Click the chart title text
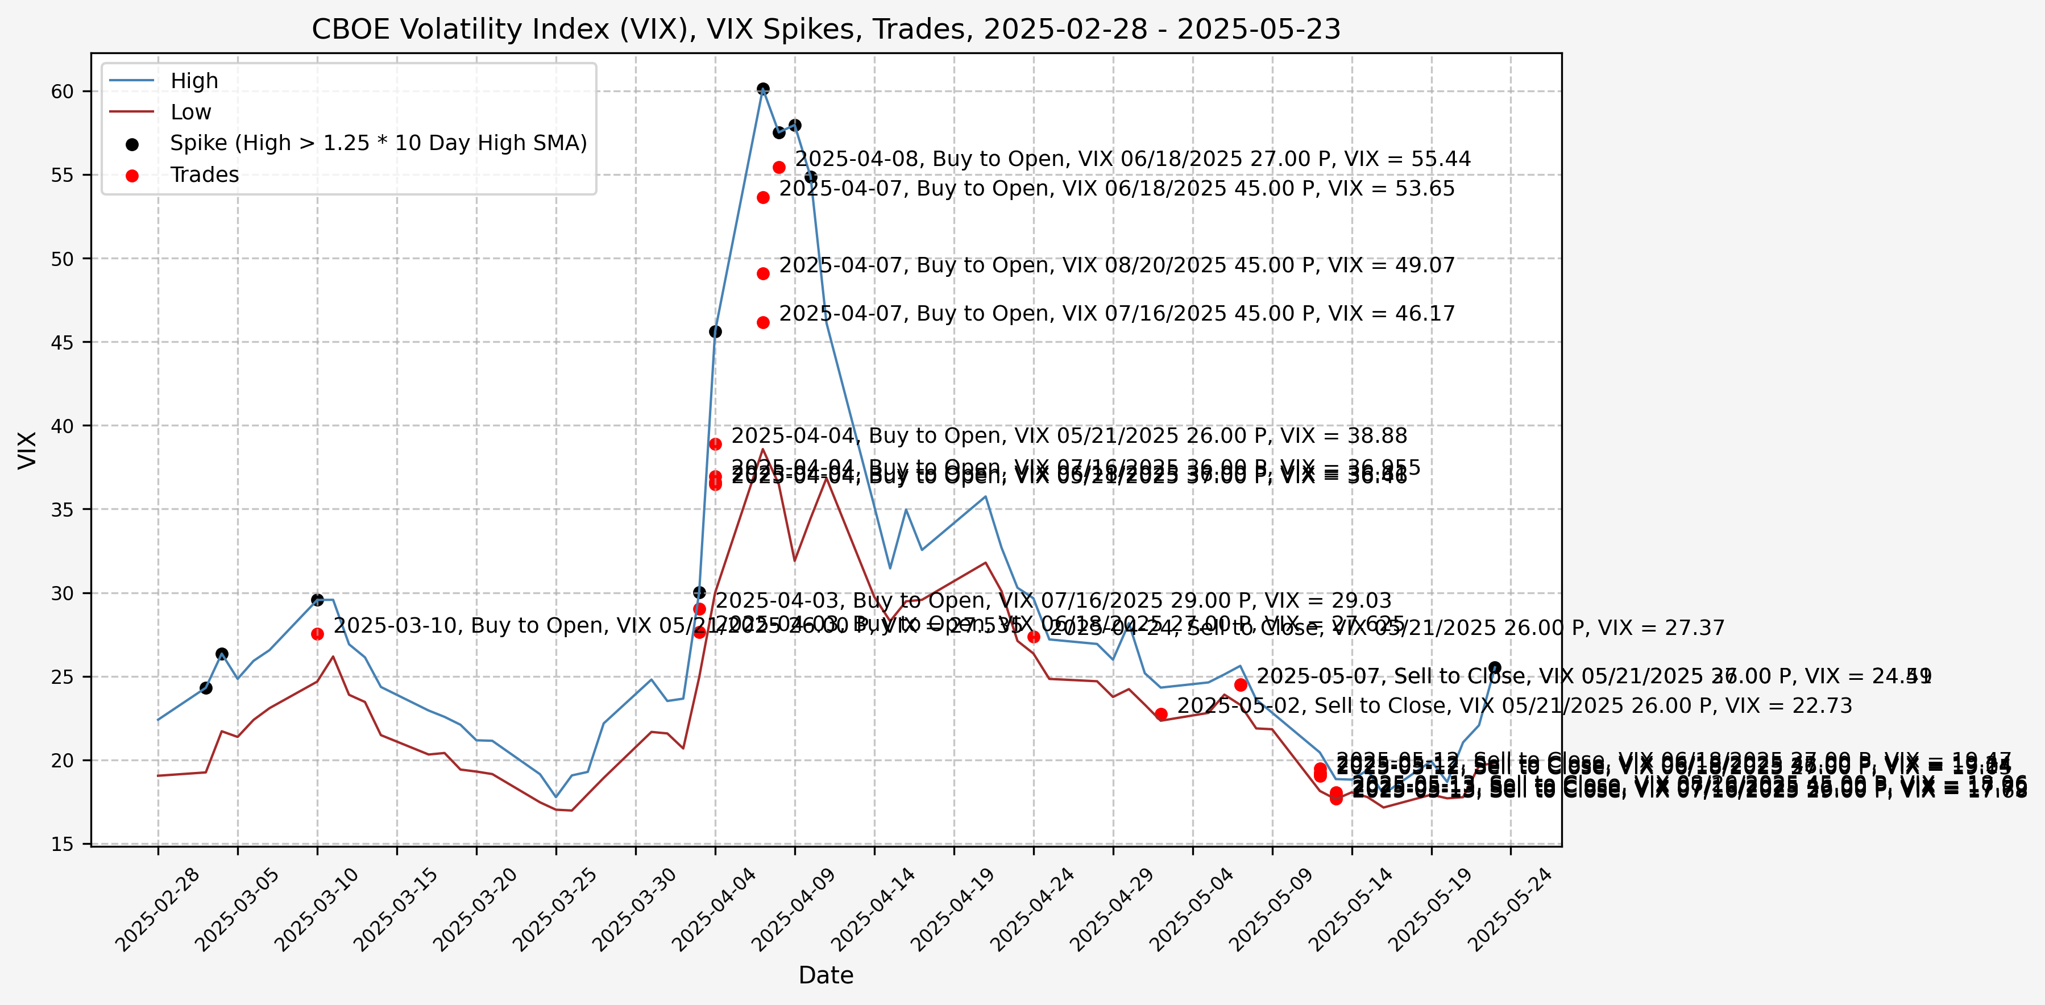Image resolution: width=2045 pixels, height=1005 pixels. click(826, 30)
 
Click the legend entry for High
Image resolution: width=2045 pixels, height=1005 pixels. click(194, 81)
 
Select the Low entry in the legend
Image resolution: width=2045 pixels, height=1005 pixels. click(190, 112)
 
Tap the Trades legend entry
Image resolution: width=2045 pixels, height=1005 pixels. click(204, 175)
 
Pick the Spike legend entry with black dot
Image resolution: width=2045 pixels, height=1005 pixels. click(378, 143)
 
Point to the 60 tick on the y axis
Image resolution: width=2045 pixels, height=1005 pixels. click(62, 92)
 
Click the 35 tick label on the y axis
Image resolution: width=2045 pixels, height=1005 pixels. click(62, 510)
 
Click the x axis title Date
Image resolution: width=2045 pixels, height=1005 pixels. click(826, 975)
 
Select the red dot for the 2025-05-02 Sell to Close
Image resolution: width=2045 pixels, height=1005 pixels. click(1160, 713)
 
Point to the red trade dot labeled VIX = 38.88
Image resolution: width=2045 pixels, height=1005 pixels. click(715, 444)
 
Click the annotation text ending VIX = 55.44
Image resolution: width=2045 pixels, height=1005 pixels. click(1133, 159)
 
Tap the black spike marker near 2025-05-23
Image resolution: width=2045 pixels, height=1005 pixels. click(1495, 667)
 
